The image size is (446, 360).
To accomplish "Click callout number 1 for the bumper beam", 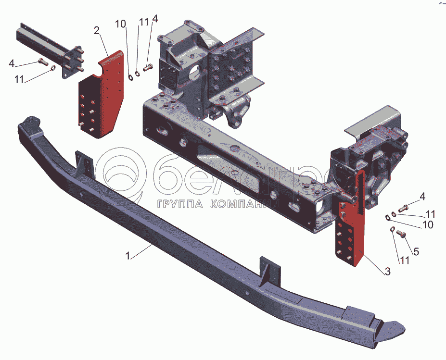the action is coord(128,257).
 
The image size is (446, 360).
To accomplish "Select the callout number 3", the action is coord(387,272).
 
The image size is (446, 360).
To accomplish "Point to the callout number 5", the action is coord(416,251).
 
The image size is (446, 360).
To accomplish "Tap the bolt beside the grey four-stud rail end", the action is coord(42,61).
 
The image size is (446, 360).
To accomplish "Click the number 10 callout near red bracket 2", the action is coord(121,24).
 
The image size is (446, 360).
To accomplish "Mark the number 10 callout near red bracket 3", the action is coord(427,224).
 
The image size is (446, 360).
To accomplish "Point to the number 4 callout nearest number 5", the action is coord(422,196).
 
